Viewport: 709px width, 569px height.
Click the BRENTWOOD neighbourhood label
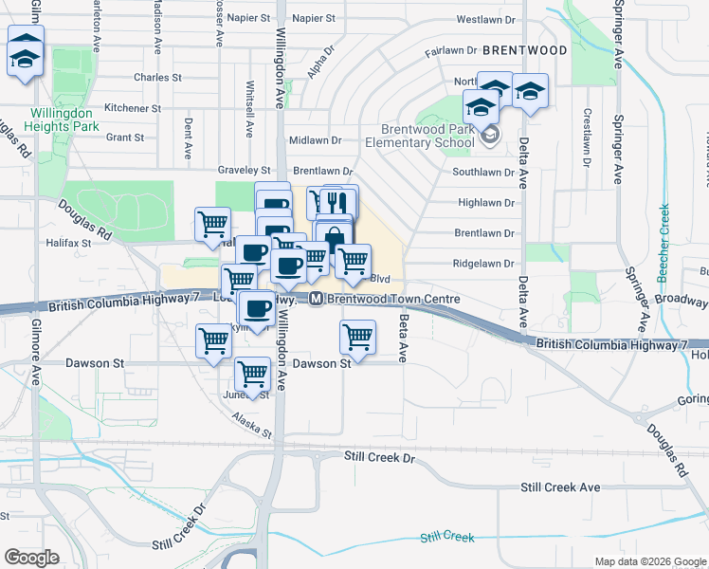click(524, 49)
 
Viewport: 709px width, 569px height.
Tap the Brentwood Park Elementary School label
click(427, 137)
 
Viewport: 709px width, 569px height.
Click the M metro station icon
click(317, 300)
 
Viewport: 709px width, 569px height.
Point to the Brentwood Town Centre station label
click(394, 300)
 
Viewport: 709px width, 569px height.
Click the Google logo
click(31, 558)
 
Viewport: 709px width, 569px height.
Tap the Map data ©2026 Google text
click(649, 561)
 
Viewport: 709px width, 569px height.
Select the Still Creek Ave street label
click(560, 486)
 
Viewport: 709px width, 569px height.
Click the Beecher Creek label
click(664, 257)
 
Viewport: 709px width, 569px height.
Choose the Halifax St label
click(67, 243)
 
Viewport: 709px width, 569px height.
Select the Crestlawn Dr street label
click(588, 138)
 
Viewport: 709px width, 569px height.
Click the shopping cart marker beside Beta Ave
click(357, 338)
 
